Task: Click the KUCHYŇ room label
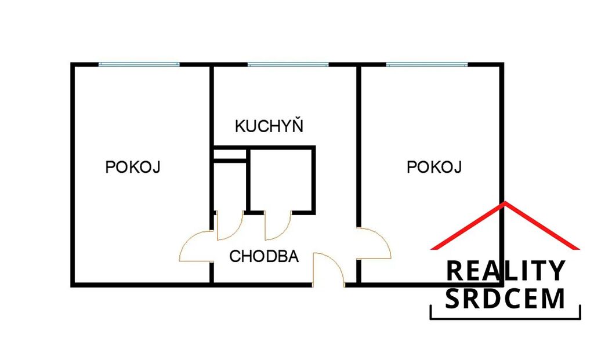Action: click(x=269, y=125)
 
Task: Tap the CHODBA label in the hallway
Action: click(x=264, y=256)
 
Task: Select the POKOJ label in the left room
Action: click(x=133, y=166)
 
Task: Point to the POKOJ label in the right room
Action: click(x=434, y=166)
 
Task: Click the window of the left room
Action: click(x=139, y=64)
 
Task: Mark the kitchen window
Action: click(x=288, y=64)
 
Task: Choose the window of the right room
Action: click(x=427, y=64)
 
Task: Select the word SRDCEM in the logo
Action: click(x=505, y=299)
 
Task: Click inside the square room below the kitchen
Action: click(x=281, y=180)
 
